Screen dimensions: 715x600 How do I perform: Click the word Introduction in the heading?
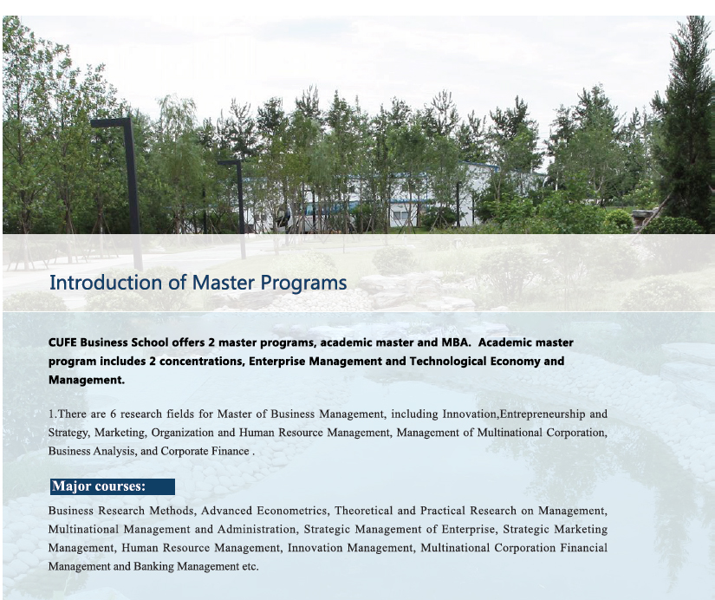coord(107,283)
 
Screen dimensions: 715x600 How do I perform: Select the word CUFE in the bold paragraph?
coord(62,342)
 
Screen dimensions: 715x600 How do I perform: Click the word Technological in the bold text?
coord(448,362)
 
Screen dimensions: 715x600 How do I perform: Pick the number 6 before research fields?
coord(113,414)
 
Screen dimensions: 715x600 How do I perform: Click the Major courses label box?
coord(113,486)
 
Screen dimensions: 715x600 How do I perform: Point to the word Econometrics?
coord(292,511)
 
